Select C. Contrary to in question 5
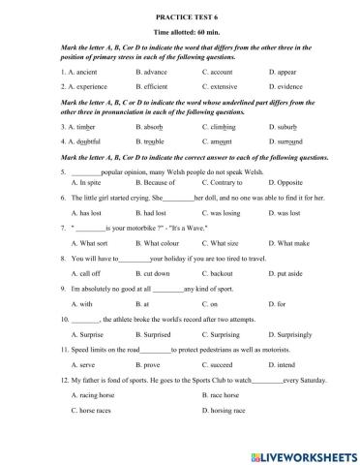228,181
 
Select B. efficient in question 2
156,85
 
